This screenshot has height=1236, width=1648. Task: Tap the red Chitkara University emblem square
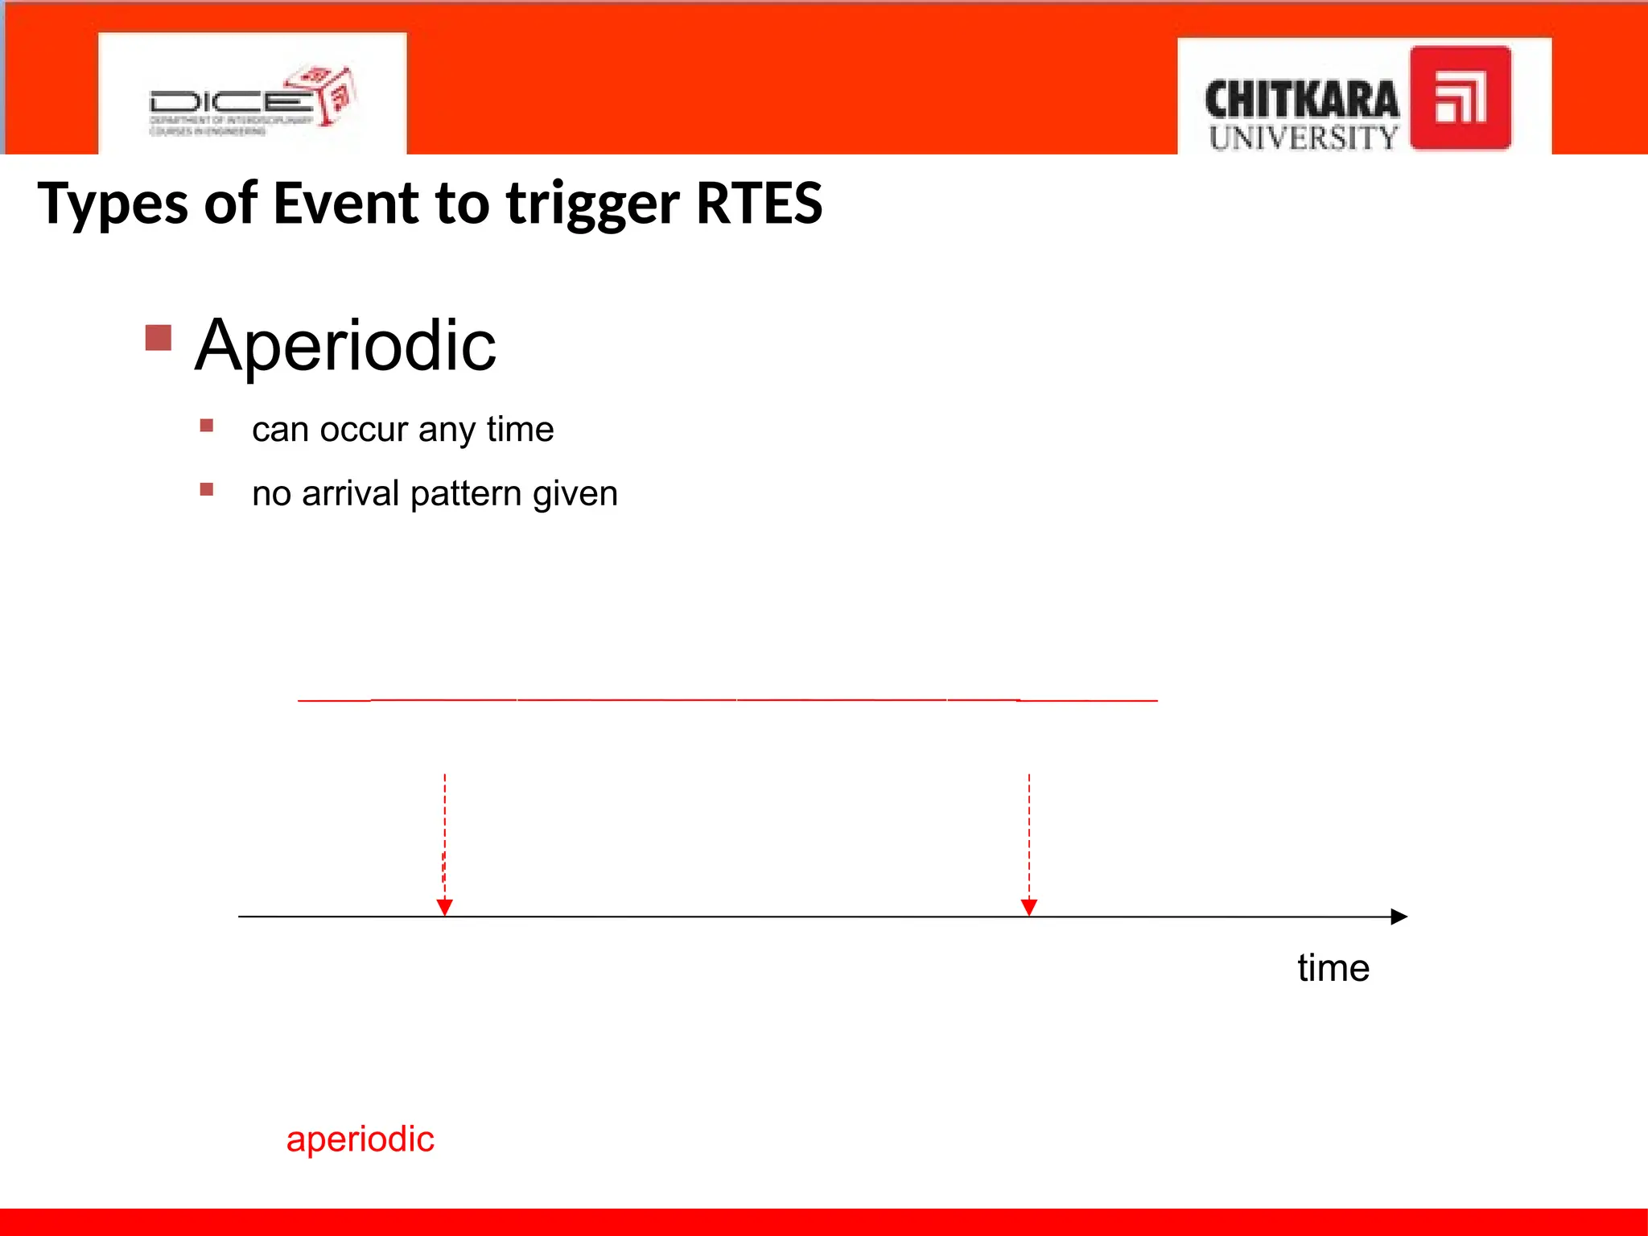pyautogui.click(x=1460, y=98)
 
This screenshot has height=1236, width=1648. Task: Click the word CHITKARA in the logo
pyautogui.click(x=1301, y=101)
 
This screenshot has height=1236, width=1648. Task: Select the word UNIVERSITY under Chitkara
pyautogui.click(x=1303, y=138)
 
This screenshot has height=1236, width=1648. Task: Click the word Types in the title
pyautogui.click(x=113, y=204)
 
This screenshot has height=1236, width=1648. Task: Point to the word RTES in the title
pyautogui.click(x=758, y=203)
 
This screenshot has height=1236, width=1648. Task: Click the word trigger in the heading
pyautogui.click(x=592, y=204)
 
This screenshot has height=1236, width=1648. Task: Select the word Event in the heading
pyautogui.click(x=346, y=203)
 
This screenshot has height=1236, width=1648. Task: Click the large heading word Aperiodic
pyautogui.click(x=345, y=346)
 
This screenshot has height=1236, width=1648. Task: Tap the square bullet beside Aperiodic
pyautogui.click(x=159, y=337)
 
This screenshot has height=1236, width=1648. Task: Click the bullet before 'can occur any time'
pyautogui.click(x=207, y=426)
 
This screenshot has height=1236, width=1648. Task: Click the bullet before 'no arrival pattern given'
pyautogui.click(x=207, y=489)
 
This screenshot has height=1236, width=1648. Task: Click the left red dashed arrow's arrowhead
pyautogui.click(x=444, y=907)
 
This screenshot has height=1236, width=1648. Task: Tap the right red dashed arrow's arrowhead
pyautogui.click(x=1028, y=907)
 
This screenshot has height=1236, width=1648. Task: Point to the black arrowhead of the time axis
pyautogui.click(x=1399, y=917)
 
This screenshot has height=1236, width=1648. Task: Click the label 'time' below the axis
pyautogui.click(x=1333, y=968)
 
